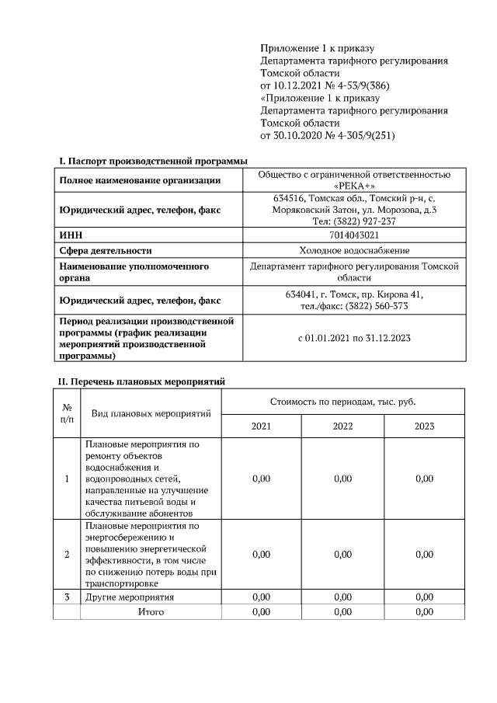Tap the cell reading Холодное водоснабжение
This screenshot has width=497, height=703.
click(354, 250)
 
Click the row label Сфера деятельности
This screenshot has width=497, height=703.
click(106, 250)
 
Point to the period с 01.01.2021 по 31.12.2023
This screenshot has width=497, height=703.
click(354, 338)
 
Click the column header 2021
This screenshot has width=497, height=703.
click(262, 426)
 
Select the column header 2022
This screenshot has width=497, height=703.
click(342, 426)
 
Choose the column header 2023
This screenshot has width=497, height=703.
click(424, 426)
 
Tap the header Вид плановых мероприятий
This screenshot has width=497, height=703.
click(151, 413)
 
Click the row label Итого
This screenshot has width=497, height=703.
click(151, 612)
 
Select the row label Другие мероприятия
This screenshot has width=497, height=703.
click(129, 597)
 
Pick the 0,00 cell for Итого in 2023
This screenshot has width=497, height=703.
click(424, 612)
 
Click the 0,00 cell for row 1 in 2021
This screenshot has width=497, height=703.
click(262, 479)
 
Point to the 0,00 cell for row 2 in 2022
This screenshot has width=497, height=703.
click(342, 554)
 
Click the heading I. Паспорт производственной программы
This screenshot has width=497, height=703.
click(153, 161)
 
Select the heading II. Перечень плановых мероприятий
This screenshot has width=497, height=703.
click(142, 381)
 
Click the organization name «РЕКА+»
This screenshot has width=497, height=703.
click(354, 186)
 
